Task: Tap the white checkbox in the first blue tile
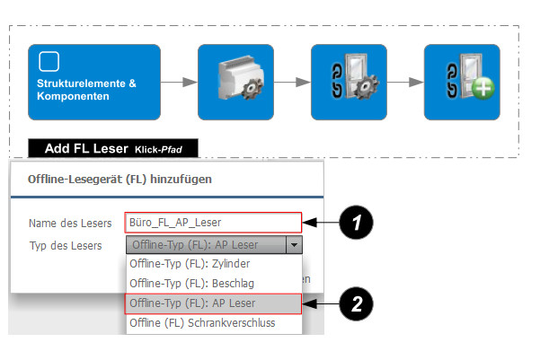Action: pos(49,61)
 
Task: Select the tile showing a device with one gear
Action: pos(235,83)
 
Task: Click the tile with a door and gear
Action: pos(348,83)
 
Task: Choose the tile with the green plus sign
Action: pos(461,83)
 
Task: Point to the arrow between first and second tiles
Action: pos(181,83)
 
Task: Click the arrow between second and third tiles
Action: pos(292,83)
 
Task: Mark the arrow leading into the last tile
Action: pos(405,83)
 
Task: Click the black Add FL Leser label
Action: pos(112,148)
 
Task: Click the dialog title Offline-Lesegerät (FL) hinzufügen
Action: pos(113,179)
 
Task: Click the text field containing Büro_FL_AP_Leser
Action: pos(212,223)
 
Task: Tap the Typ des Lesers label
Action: pos(65,245)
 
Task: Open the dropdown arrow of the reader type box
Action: pos(293,245)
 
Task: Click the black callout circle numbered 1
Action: pos(357,223)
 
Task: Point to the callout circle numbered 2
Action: pos(357,303)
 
